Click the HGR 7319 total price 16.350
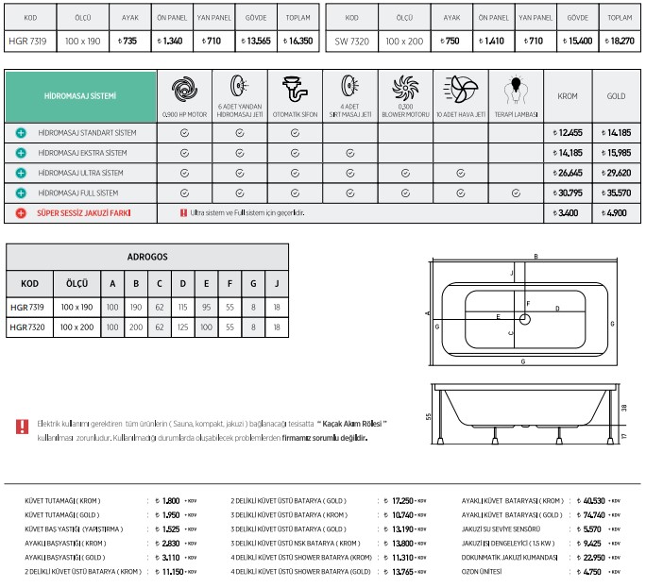click(x=300, y=42)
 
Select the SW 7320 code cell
click(x=351, y=42)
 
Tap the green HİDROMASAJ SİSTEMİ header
click(x=80, y=96)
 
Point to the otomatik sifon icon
click(x=295, y=91)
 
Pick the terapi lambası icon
click(x=516, y=91)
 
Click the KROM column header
click(x=567, y=96)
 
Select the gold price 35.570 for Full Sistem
click(x=616, y=193)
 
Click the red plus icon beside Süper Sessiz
click(x=21, y=213)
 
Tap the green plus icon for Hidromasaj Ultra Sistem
click(x=21, y=173)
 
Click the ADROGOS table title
click(x=146, y=256)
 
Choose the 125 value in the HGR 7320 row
click(x=182, y=327)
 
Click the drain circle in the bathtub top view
click(x=525, y=320)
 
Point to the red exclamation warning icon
click(x=22, y=427)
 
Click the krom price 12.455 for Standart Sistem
click(x=567, y=133)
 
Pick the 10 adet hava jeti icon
click(x=461, y=91)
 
